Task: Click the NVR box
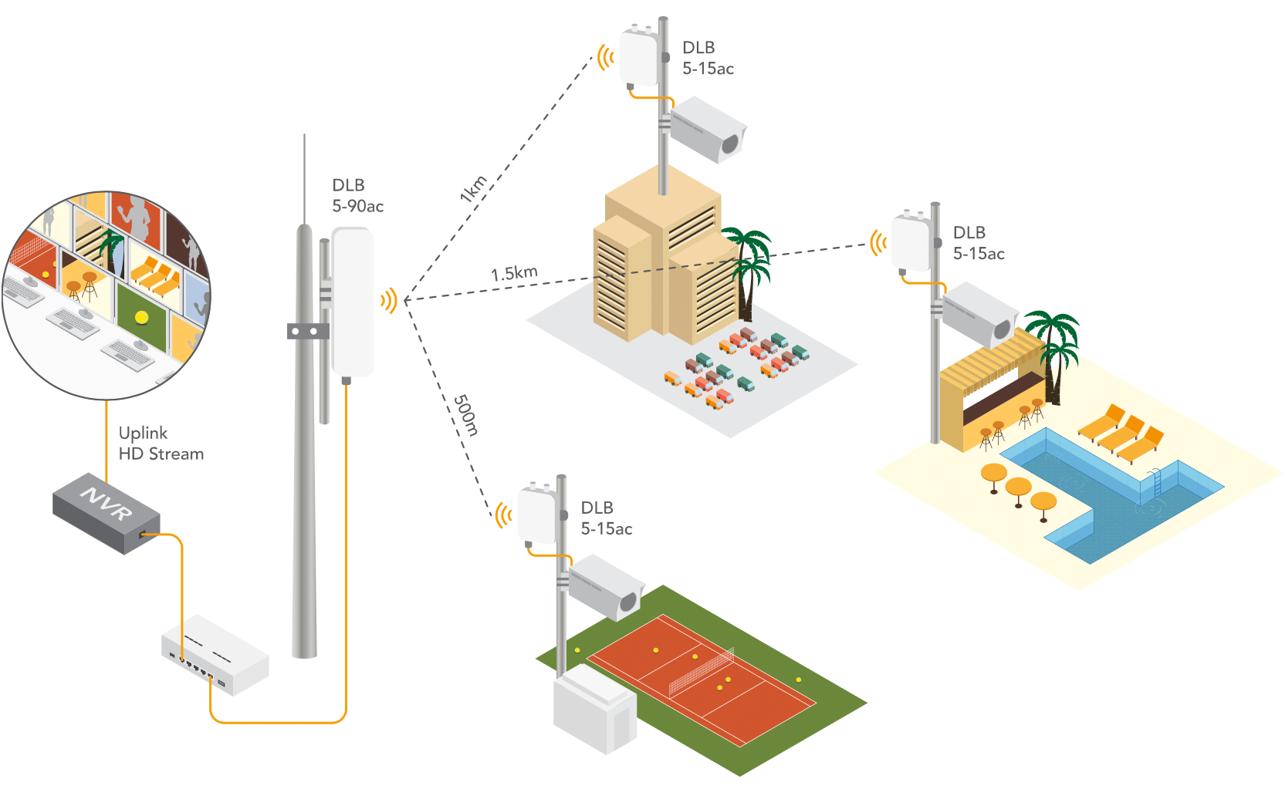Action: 106,512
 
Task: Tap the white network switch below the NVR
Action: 215,654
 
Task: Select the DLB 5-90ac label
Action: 357,196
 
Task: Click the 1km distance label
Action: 473,189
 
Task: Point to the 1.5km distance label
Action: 514,274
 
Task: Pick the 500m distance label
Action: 465,415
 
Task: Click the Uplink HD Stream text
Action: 161,444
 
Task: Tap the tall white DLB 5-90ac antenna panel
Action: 353,301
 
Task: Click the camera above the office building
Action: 707,130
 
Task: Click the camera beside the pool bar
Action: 979,315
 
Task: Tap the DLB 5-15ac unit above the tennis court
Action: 538,515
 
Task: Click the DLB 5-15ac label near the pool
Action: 978,243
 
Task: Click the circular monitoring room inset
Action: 107,295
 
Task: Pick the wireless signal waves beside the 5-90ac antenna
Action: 389,301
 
